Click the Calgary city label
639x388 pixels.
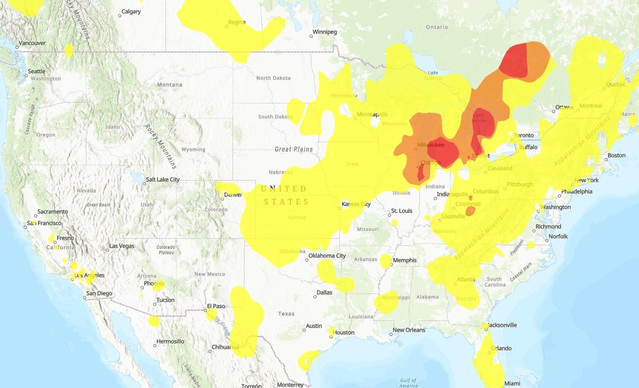(x=131, y=11)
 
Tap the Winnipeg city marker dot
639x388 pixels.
(x=312, y=36)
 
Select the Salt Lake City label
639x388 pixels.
(x=162, y=180)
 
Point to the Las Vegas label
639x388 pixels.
(x=122, y=246)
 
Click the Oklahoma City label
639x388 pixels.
(x=327, y=256)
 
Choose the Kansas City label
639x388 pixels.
(x=356, y=204)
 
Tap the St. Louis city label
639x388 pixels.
(x=402, y=211)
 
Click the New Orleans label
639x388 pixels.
(x=409, y=330)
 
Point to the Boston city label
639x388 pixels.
(x=616, y=156)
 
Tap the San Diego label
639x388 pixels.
(x=99, y=293)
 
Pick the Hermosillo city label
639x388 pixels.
(x=170, y=342)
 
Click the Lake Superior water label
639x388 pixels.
(x=434, y=75)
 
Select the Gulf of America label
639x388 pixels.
(x=408, y=383)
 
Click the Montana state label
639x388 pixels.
(x=169, y=85)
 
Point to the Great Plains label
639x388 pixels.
(x=294, y=149)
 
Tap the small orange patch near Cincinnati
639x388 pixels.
(x=470, y=211)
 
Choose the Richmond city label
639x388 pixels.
(x=548, y=227)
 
